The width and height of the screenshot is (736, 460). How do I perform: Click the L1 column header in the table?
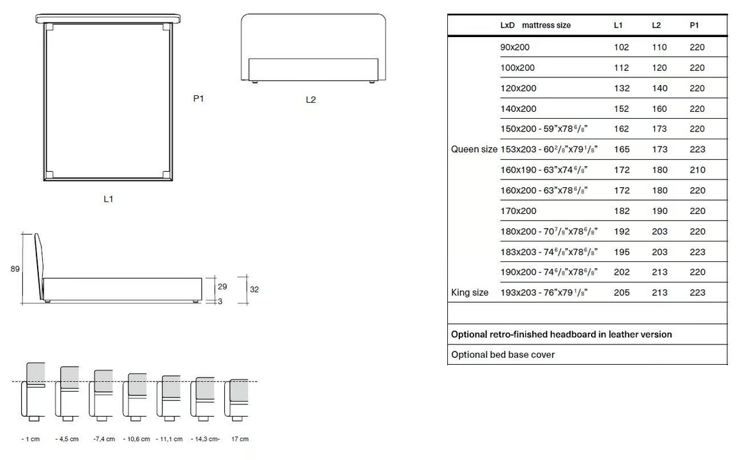pos(618,26)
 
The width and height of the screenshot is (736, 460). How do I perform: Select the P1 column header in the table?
pos(694,26)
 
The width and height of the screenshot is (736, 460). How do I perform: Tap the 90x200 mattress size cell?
pos(515,47)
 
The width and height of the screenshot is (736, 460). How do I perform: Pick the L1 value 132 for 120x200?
pos(622,88)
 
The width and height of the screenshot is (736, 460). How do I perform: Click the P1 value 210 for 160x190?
pos(698,170)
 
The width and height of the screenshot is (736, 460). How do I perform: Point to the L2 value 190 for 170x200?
pos(659,211)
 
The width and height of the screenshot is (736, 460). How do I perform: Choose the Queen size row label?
pos(474,149)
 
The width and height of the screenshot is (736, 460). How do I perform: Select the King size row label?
pos(470,293)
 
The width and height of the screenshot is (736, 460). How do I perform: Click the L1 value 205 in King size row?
pos(622,293)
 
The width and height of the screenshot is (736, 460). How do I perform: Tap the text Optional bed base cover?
pos(503,355)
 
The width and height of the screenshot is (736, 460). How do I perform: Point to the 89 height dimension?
pos(15,269)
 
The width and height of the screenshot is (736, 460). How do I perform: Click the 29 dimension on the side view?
pos(222,286)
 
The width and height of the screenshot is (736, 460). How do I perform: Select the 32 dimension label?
pos(254,289)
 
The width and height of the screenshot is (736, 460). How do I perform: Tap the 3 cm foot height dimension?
pos(220,302)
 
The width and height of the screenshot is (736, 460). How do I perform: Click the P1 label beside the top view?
pos(199,98)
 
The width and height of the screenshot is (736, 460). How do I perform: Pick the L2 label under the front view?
pos(310,100)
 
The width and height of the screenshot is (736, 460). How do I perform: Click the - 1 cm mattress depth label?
pos(31,439)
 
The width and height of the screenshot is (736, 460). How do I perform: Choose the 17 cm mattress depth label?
pos(240,439)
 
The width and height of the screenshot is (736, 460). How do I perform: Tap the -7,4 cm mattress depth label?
pos(104,439)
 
